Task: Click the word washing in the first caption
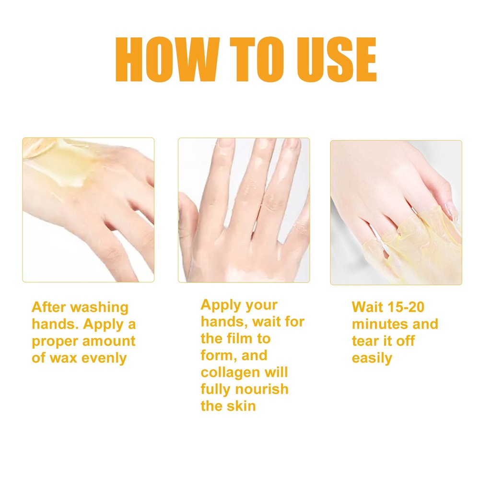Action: tap(100, 308)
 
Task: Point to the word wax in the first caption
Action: tap(63, 358)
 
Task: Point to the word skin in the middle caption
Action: tap(241, 406)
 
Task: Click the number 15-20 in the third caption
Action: tap(406, 307)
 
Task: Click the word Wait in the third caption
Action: tap(367, 307)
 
